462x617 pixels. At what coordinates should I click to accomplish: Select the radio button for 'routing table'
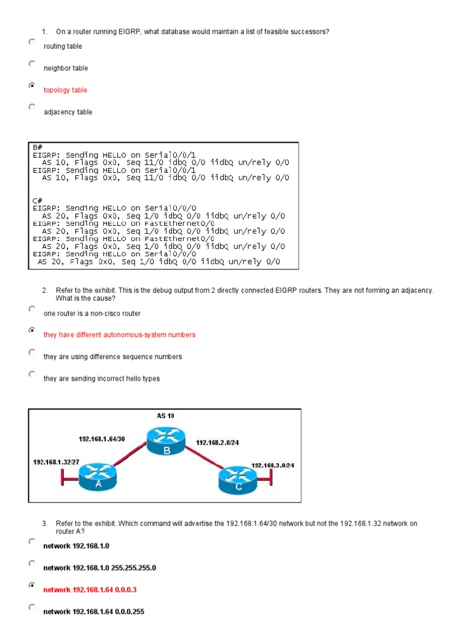coord(31,42)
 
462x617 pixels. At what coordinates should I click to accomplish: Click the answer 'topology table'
coord(65,90)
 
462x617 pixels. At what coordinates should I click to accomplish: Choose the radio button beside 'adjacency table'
coord(31,107)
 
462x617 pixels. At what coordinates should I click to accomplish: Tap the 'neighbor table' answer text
coord(66,69)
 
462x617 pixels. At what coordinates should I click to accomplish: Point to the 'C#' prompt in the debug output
coord(37,200)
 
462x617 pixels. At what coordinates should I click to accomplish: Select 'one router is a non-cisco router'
coord(91,313)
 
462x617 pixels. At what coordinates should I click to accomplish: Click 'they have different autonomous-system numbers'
coord(119,335)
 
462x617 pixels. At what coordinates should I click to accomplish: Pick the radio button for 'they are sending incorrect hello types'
coord(31,374)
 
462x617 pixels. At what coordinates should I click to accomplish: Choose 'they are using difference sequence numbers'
coord(112,357)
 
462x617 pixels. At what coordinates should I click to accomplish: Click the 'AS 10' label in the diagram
coord(165,416)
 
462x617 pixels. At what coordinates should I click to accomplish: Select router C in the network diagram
coord(238,480)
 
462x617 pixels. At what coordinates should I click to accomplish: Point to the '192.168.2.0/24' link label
coord(217,442)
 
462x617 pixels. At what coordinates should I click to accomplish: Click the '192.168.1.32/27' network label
coord(56,462)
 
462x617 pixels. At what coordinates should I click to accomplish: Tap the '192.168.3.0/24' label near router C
coord(273,465)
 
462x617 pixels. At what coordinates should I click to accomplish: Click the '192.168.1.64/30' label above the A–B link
coord(101,439)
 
